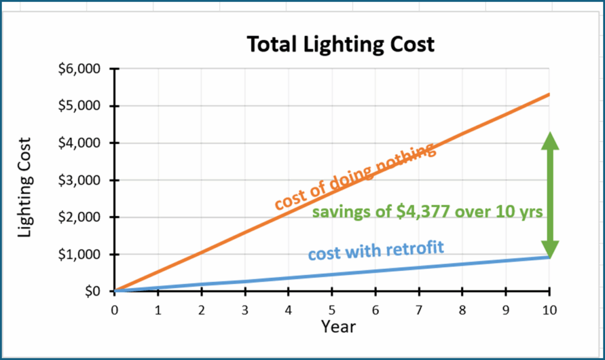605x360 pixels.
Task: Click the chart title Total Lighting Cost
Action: [340, 44]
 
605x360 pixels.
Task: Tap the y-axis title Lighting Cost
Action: [24, 188]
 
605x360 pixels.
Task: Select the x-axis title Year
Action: [339, 326]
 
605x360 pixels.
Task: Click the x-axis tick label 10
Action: [549, 309]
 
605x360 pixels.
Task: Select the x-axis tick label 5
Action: [332, 309]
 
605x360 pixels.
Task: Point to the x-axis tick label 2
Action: [201, 309]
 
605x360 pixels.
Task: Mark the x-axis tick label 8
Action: [462, 309]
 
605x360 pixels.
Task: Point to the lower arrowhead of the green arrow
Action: [550, 249]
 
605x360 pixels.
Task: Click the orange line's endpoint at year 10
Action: [549, 95]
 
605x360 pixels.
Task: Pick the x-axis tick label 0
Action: [115, 309]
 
